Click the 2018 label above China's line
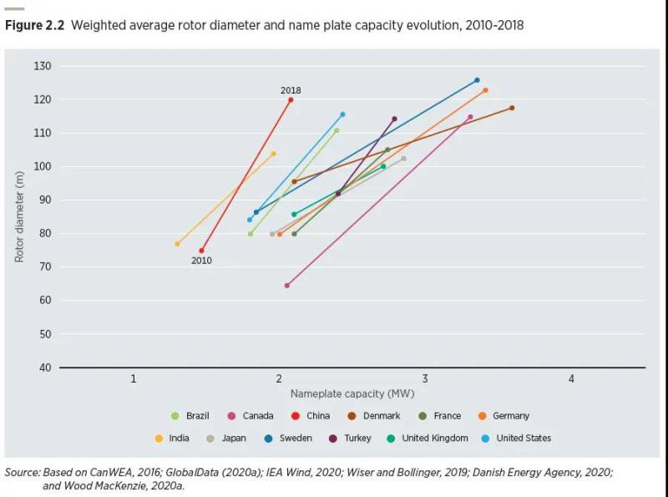(291, 90)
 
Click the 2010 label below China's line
(201, 261)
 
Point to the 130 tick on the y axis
(43, 66)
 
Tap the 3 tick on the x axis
(425, 379)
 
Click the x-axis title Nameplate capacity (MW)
(352, 393)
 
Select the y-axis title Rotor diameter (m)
(19, 217)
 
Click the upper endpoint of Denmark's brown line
(512, 108)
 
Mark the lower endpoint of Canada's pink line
(287, 286)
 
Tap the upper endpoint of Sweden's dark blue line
(477, 80)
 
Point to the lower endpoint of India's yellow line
(177, 244)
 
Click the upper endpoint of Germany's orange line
(485, 90)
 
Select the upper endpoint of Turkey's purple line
(394, 119)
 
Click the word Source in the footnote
(22, 472)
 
